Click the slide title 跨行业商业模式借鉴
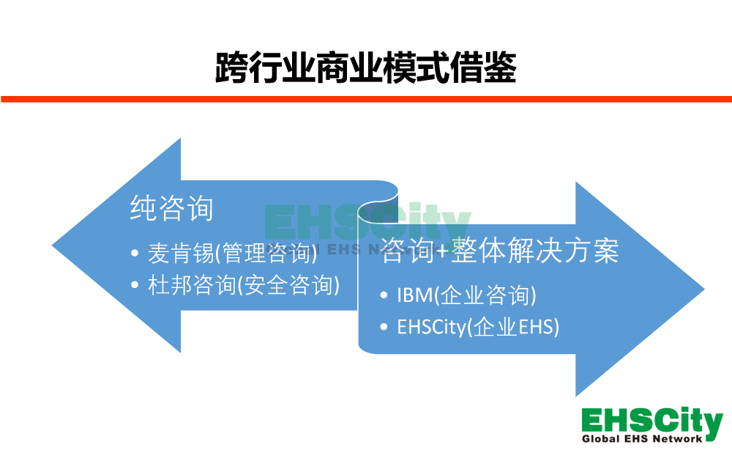(x=366, y=67)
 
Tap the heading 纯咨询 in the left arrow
(x=172, y=208)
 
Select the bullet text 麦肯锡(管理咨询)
(x=233, y=253)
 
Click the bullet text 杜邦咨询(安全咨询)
(x=244, y=284)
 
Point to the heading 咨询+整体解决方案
(x=500, y=251)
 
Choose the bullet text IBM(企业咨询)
(x=466, y=295)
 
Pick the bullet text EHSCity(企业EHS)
(x=478, y=327)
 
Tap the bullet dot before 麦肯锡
(x=135, y=254)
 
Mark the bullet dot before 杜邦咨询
(x=135, y=284)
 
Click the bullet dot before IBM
(x=384, y=295)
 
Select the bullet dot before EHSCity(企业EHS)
(x=384, y=327)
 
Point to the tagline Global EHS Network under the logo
(x=642, y=439)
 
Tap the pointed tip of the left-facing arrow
(x=52, y=245)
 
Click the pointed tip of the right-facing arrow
(x=704, y=289)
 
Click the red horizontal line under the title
(x=366, y=99)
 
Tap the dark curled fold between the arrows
(x=379, y=209)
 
